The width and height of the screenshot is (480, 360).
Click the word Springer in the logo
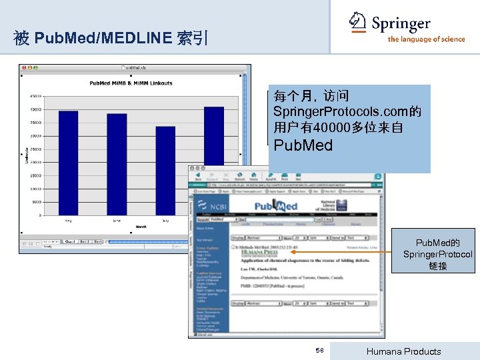pos(401,25)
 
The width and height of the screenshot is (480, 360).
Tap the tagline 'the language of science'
pos(426,39)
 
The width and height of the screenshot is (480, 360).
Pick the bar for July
pos(165,170)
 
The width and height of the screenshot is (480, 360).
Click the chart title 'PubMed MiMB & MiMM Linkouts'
pos(131,83)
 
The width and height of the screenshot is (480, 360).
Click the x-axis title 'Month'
pos(141,227)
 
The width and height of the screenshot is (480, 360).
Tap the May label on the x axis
pos(68,220)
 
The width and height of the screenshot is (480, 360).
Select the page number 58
pos(319,351)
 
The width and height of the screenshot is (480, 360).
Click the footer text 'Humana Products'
pos(405,351)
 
